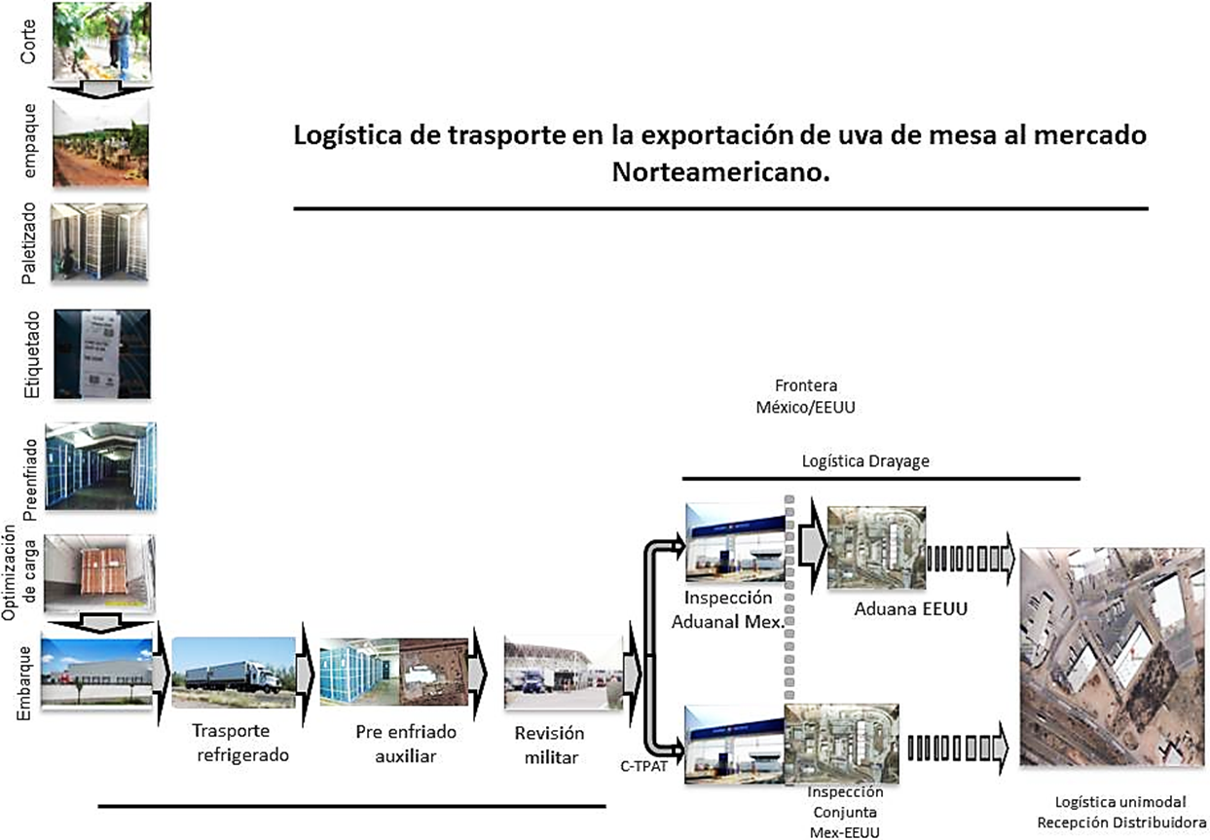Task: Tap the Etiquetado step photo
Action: [102, 353]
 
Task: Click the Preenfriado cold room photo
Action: [100, 465]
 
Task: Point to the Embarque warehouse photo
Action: [97, 672]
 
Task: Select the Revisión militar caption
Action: [550, 744]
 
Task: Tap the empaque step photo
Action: [100, 143]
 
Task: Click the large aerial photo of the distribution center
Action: [1109, 656]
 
